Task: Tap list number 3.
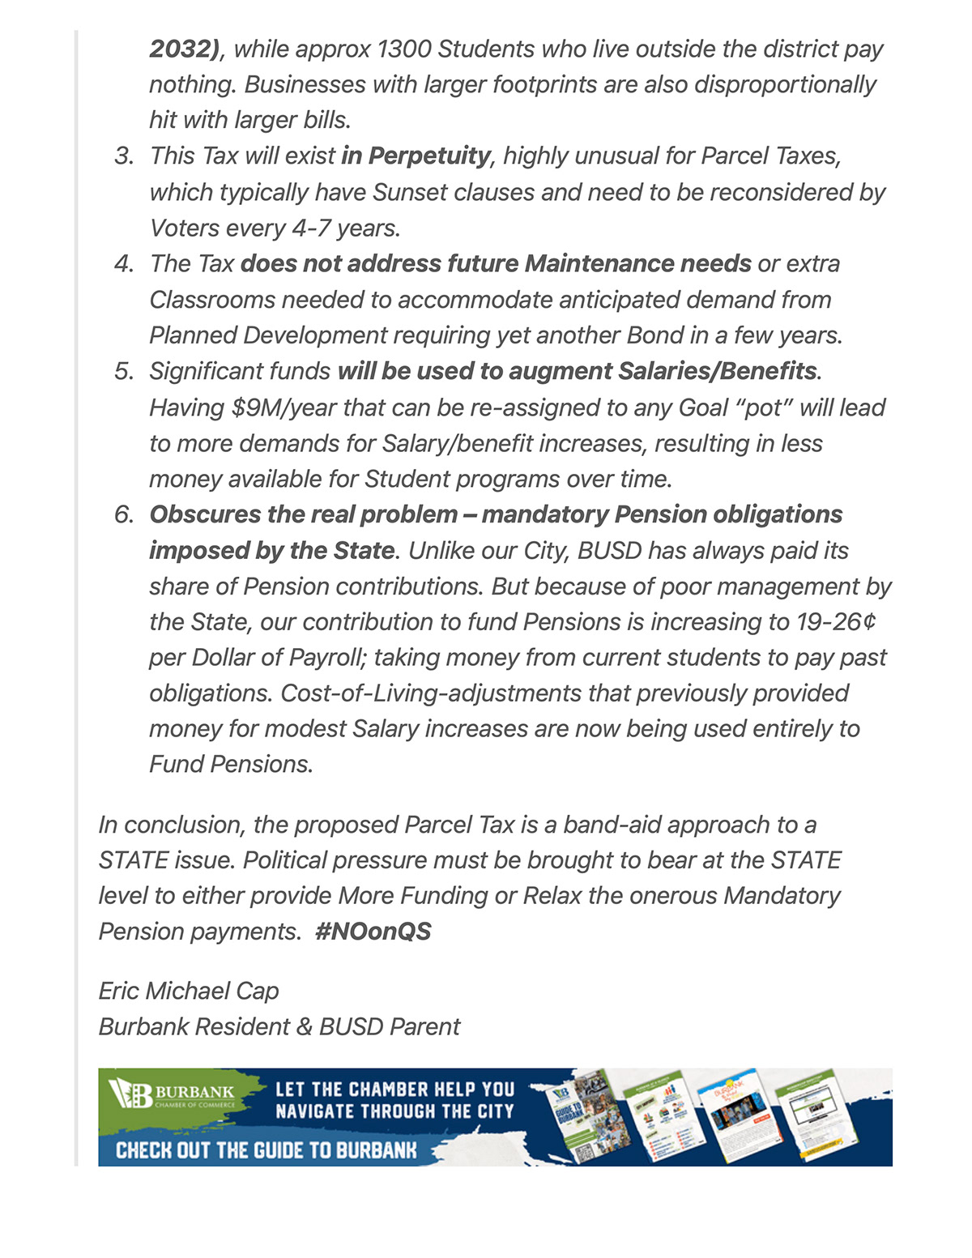point(124,156)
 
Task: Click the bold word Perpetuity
point(429,156)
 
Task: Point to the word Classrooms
point(212,300)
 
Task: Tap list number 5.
point(124,371)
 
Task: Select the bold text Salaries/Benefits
point(717,371)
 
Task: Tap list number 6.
point(124,514)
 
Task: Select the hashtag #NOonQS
point(373,932)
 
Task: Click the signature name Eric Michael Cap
point(189,991)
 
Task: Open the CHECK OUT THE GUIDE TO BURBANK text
point(266,1150)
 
